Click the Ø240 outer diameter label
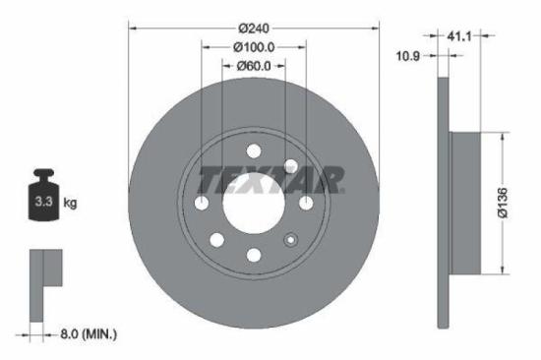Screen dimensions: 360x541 point(254,27)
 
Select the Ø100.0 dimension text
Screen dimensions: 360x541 point(253,46)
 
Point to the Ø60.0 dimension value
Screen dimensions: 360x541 point(253,66)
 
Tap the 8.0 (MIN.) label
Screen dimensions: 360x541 point(84,335)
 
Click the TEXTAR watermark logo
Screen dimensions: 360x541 point(271,180)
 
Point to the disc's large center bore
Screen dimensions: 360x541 point(253,203)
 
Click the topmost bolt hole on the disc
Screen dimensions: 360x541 point(254,150)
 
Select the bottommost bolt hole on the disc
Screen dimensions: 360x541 point(254,256)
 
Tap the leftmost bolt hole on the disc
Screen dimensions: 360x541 point(202,203)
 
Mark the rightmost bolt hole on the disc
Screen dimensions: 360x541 point(306,203)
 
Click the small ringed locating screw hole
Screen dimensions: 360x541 point(290,239)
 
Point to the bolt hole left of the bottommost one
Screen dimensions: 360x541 point(216,239)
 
